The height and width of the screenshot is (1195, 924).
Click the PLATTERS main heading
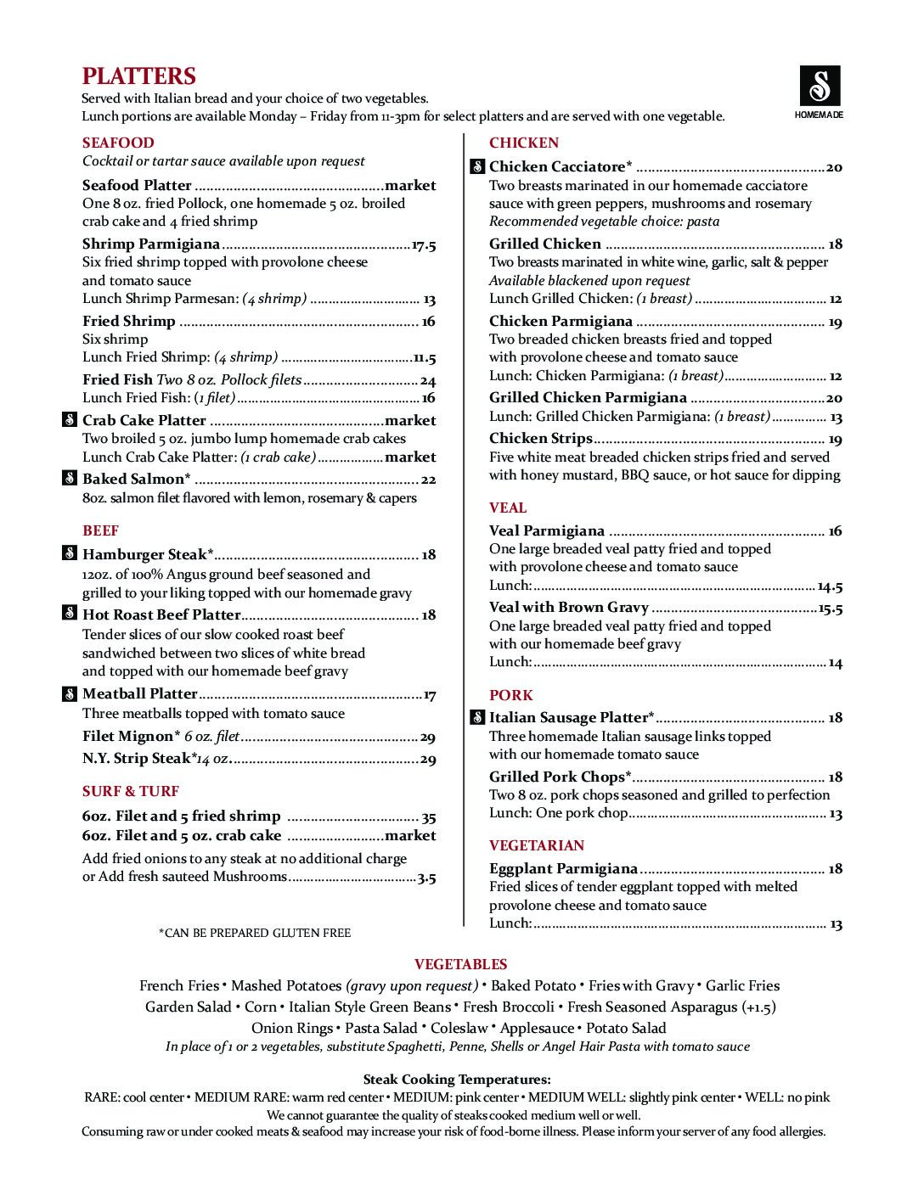pyautogui.click(x=139, y=76)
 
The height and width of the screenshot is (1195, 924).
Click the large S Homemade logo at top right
pyautogui.click(x=820, y=86)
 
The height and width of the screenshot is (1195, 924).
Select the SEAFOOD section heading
pyautogui.click(x=118, y=143)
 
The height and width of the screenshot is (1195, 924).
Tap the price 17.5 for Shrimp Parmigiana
pyautogui.click(x=424, y=245)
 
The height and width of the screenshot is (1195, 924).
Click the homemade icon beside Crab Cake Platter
pyautogui.click(x=70, y=420)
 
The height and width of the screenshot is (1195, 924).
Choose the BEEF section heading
pyautogui.click(x=100, y=530)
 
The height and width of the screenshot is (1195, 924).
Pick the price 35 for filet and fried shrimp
pyautogui.click(x=429, y=817)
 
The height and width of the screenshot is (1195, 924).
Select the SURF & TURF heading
pyautogui.click(x=131, y=791)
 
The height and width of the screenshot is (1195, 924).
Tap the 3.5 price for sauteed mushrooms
pyautogui.click(x=426, y=878)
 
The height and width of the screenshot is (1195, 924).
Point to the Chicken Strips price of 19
pyautogui.click(x=835, y=439)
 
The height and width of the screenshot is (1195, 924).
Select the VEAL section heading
pyautogui.click(x=508, y=508)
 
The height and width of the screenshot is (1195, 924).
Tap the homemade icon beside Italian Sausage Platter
pyautogui.click(x=477, y=718)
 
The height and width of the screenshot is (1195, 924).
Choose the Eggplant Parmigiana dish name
pyautogui.click(x=563, y=868)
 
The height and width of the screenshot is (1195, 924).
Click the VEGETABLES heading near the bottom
pyautogui.click(x=461, y=964)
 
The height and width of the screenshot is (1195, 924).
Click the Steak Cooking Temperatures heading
pyautogui.click(x=457, y=1080)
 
